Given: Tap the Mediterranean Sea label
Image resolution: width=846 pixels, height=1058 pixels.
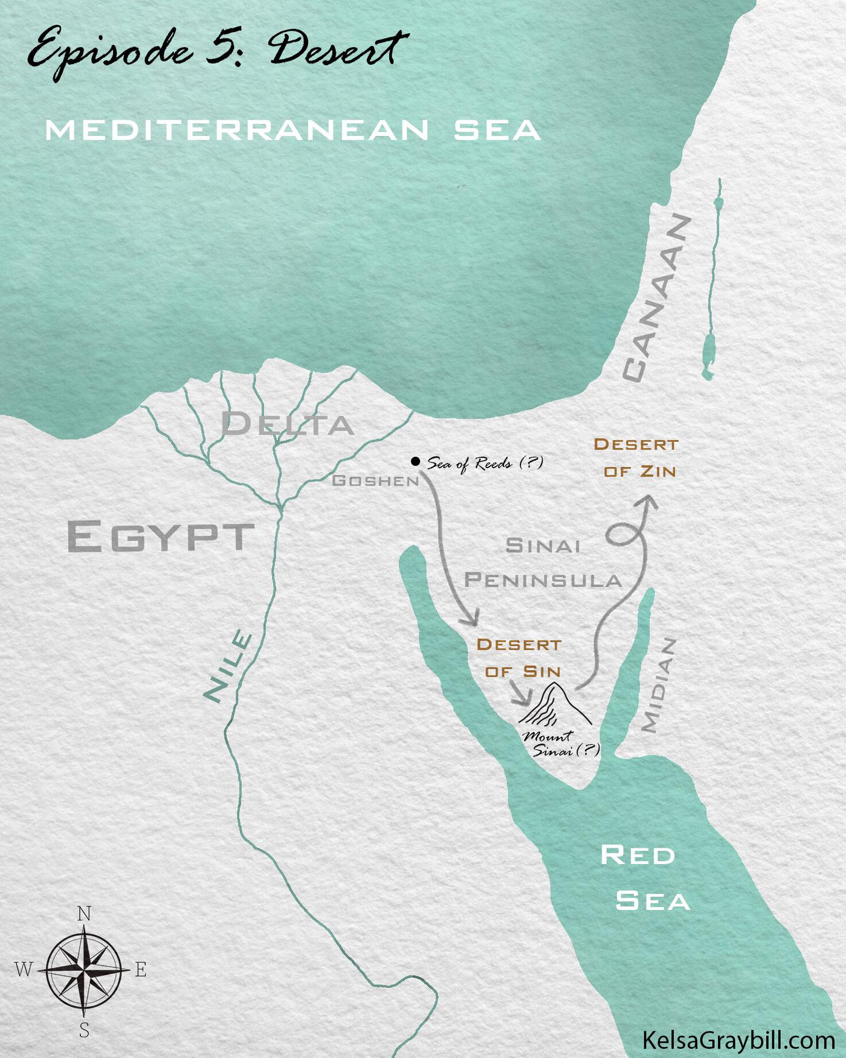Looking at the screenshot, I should point(292,130).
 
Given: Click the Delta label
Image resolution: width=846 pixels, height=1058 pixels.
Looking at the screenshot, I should point(287,424).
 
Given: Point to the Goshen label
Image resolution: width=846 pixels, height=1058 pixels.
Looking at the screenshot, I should point(375,481).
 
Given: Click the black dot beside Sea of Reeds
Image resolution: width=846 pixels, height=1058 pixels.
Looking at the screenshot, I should point(415,462).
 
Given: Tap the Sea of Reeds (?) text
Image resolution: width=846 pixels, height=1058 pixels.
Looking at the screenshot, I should point(485,463).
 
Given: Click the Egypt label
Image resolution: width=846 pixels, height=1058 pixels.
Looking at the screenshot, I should point(160,536).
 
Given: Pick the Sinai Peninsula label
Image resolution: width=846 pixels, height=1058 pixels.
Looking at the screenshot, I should point(543,563).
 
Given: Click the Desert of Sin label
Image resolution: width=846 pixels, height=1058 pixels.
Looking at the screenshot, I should point(520,658).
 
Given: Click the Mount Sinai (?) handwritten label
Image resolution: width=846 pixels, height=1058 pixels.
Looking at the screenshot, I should point(559,744).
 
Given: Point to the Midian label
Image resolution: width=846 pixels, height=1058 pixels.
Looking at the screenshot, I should point(659,686).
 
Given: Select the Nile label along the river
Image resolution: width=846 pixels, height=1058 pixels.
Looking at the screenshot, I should point(228,666).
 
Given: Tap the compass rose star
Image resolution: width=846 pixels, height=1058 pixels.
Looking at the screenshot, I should point(84,970).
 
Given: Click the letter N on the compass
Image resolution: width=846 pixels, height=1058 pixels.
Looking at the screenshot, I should point(84,914).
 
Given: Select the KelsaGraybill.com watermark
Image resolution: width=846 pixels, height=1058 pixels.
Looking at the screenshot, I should point(738,1040).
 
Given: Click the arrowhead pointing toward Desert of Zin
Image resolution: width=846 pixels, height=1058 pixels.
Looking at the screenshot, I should point(649,503).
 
